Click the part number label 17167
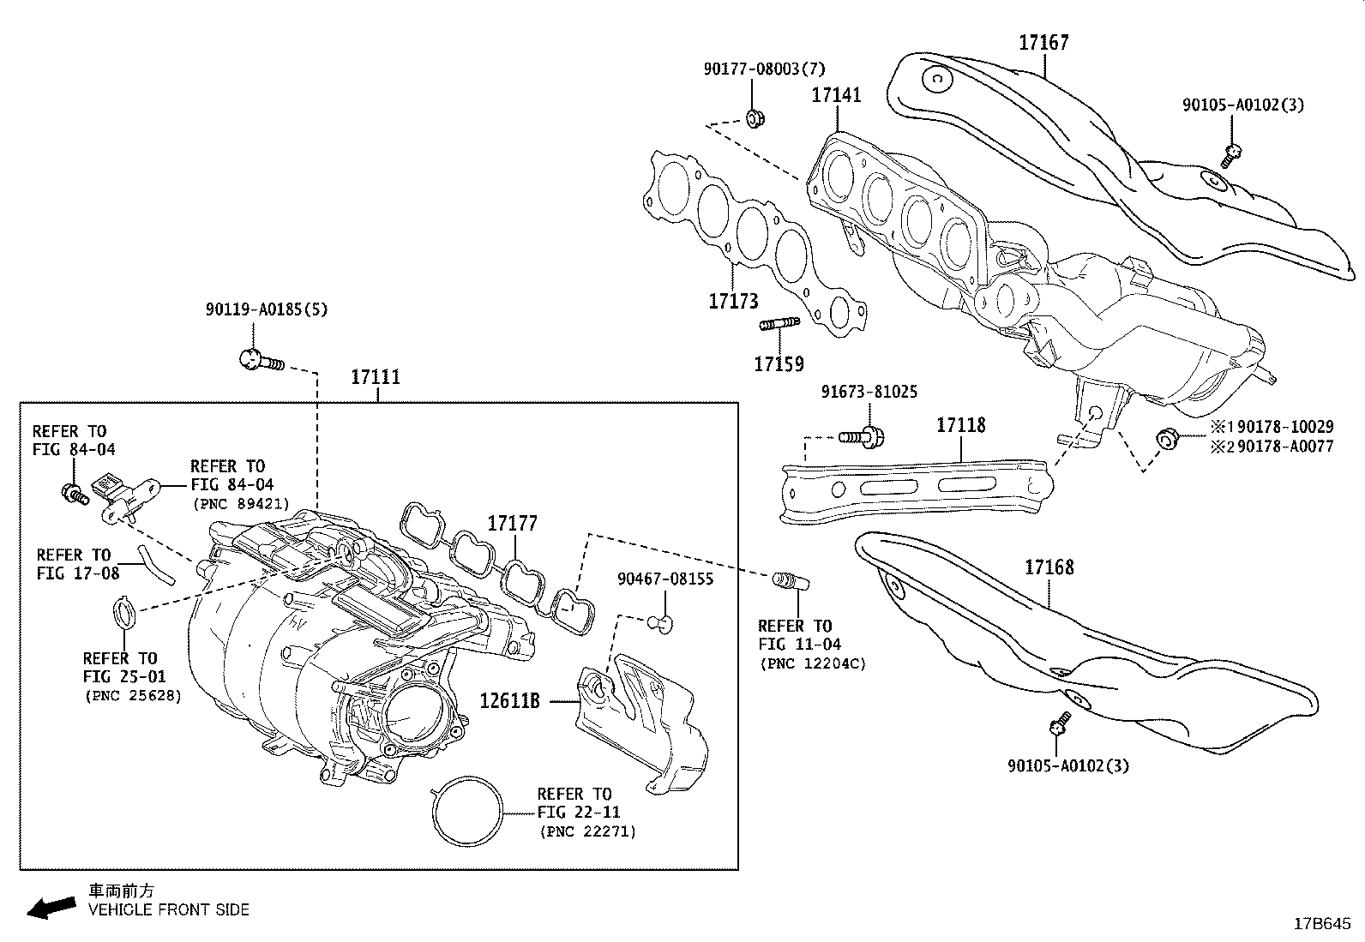click(x=1043, y=42)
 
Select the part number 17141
click(x=836, y=94)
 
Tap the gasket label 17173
click(x=733, y=301)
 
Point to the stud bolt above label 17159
click(x=779, y=324)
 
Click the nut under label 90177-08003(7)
click(x=755, y=118)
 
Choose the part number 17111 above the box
click(x=376, y=376)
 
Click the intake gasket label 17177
click(x=512, y=524)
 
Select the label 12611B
click(x=509, y=701)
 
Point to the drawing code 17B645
click(x=1321, y=924)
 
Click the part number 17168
click(x=1049, y=567)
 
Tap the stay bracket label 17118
click(x=960, y=425)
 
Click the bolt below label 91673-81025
click(x=863, y=436)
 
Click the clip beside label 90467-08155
click(x=661, y=621)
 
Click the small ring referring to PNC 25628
click(x=125, y=614)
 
